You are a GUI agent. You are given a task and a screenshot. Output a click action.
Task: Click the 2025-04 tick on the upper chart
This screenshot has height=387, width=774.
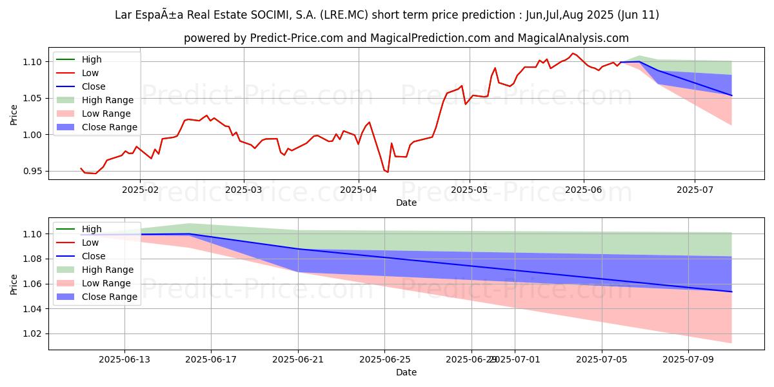click(358, 190)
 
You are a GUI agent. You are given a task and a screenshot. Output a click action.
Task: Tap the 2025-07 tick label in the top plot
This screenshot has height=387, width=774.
click(694, 190)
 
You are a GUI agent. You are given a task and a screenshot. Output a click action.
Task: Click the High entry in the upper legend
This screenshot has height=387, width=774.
click(92, 59)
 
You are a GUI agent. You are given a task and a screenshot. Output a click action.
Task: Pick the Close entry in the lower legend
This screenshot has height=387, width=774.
click(94, 256)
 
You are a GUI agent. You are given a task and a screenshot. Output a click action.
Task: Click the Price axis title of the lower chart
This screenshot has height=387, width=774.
click(14, 283)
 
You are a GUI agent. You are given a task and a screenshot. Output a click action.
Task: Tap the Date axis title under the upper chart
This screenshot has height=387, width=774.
click(406, 203)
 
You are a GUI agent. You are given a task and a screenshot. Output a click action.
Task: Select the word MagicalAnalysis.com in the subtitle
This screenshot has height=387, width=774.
click(577, 39)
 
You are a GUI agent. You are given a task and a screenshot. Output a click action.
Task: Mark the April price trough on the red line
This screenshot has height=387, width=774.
click(388, 172)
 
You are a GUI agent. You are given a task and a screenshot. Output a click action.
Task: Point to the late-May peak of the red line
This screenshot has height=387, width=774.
click(572, 53)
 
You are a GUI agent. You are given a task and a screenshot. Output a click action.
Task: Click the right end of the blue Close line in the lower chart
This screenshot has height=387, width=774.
click(731, 292)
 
